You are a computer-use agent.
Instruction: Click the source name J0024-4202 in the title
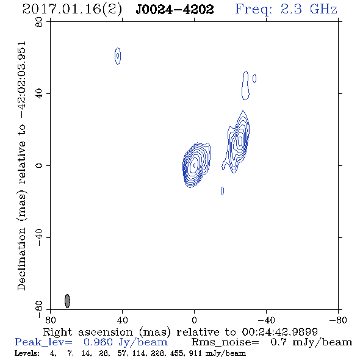point(175,10)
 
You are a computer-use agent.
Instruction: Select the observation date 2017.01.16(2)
point(73,10)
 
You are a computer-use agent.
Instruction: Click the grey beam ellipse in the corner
point(67,301)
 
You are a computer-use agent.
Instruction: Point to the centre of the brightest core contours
point(195,165)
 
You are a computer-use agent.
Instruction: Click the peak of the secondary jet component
point(240,140)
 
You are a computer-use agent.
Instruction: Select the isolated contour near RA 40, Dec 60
point(118,56)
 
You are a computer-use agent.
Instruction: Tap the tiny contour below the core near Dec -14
point(222,191)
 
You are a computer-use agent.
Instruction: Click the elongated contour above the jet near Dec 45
point(246,85)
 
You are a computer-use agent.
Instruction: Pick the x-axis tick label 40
point(122,320)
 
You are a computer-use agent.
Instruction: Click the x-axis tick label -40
point(266,320)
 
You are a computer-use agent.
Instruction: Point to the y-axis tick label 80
point(39,22)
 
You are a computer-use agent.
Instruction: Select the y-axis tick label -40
point(39,237)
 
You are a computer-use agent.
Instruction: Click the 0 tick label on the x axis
point(195,320)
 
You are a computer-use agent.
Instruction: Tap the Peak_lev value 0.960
point(98,342)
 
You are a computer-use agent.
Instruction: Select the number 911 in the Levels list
point(195,353)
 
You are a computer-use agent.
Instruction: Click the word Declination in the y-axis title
point(21,259)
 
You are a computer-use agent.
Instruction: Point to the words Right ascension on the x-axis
point(88,332)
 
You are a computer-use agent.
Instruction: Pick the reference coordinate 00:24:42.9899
point(280,332)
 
